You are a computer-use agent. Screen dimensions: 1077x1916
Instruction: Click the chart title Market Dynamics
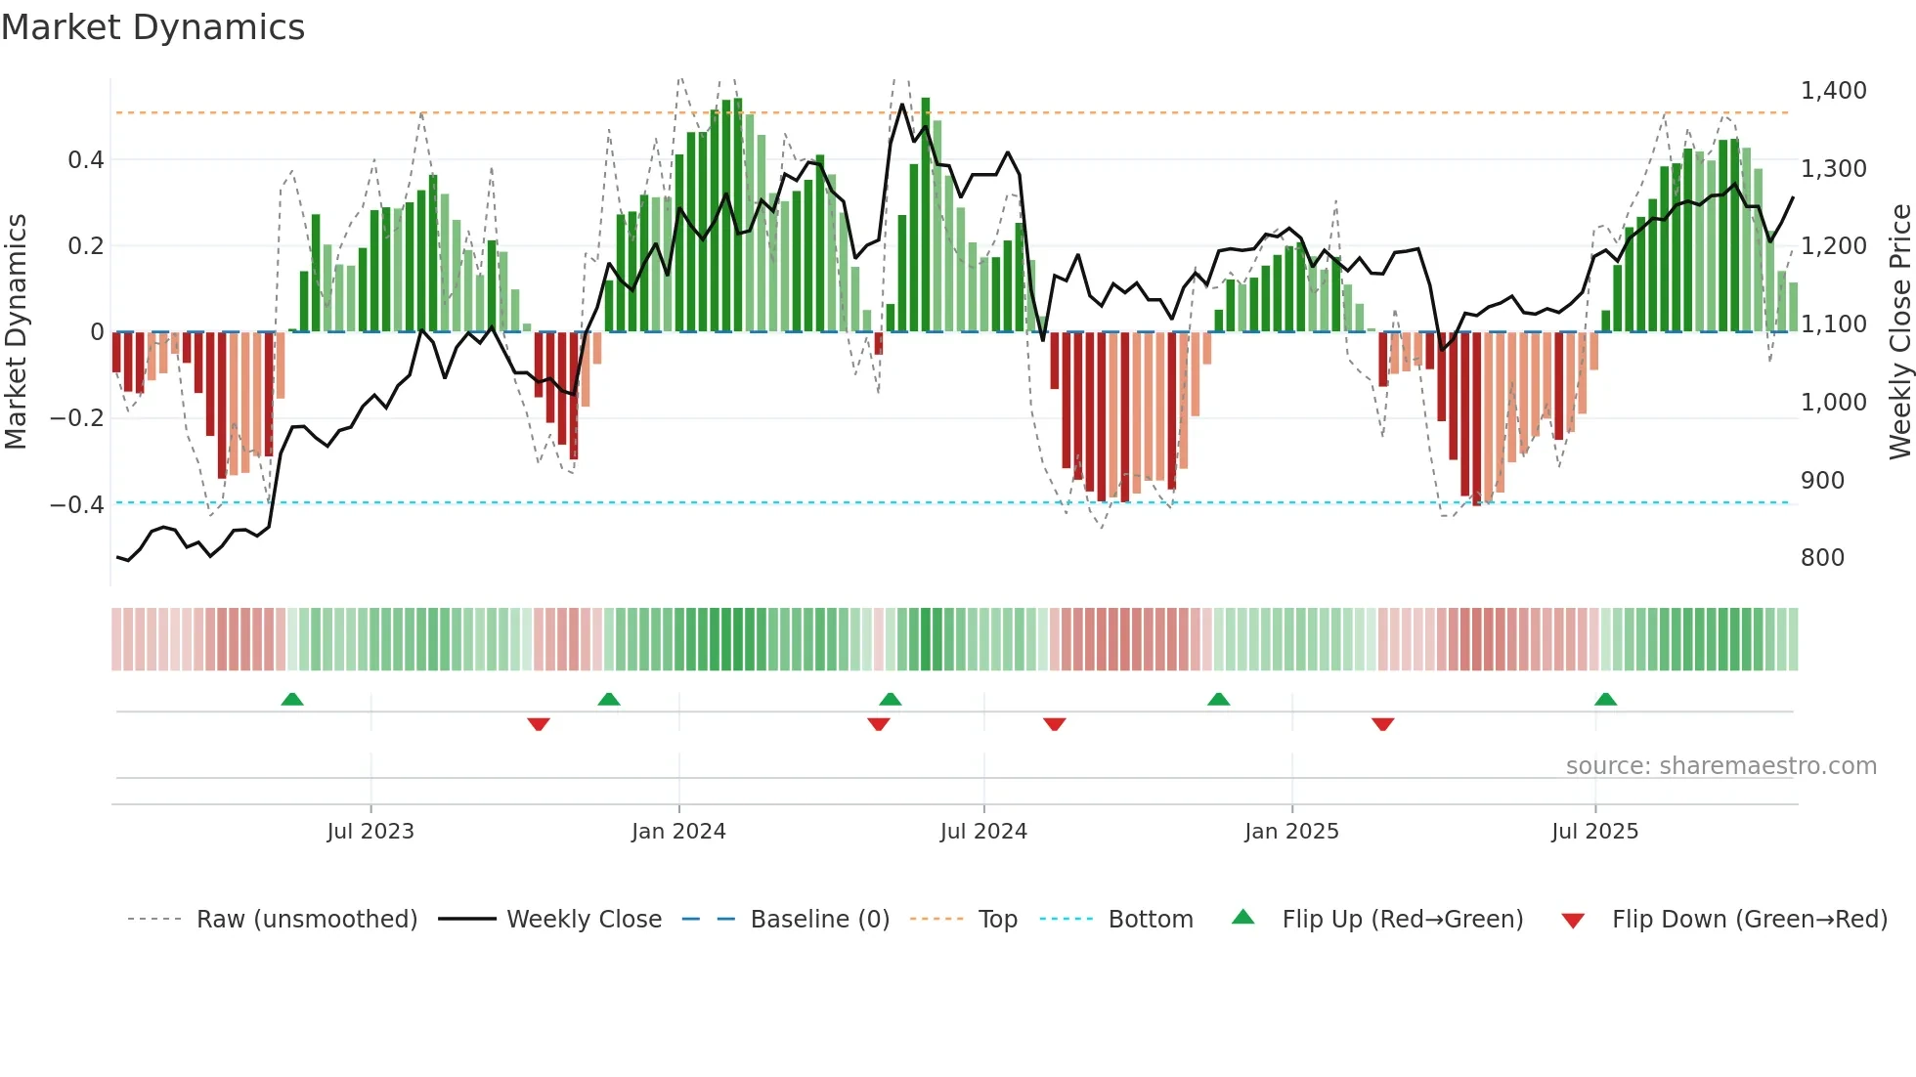pos(153,27)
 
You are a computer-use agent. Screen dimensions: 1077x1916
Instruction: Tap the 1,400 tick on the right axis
pos(1833,91)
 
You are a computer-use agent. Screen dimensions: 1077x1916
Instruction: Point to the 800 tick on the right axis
pos(1822,558)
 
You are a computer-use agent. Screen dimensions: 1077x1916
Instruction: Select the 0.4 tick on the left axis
pos(86,159)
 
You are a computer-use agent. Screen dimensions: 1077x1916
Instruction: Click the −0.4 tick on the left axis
pos(77,504)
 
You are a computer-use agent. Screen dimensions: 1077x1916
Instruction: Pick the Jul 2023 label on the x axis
pos(370,832)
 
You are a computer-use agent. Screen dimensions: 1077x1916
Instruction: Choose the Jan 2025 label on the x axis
pos(1291,832)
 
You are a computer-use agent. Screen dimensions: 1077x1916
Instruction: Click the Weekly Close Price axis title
pos(1899,332)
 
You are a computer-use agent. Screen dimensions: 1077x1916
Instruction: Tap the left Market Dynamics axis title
pos(17,332)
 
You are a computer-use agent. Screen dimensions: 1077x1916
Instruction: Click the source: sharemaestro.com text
pos(1720,766)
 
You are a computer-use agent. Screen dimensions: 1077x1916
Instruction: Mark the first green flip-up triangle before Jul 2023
pos(292,699)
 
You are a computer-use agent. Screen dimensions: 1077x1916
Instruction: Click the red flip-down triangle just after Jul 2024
pos(1054,724)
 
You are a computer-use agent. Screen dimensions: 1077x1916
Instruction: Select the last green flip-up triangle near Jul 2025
pos(1605,699)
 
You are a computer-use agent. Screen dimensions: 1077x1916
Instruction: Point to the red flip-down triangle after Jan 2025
pos(1382,724)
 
